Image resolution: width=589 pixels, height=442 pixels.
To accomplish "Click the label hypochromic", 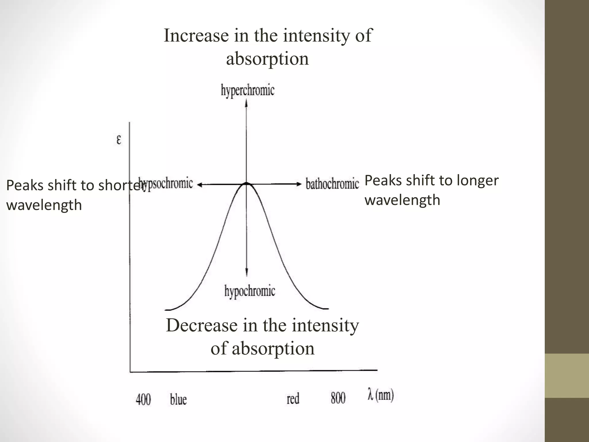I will click(x=250, y=291).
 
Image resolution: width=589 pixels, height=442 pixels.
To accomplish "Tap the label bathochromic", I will click(x=332, y=184).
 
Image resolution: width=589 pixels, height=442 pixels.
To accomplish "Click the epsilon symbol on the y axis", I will click(x=119, y=140).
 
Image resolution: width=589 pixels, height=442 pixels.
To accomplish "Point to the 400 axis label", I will click(x=143, y=399).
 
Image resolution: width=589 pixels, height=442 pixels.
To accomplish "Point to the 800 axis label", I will click(x=338, y=398).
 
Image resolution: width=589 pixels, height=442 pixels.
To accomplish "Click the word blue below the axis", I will click(x=178, y=399).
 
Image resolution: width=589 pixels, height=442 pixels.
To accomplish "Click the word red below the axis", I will click(x=293, y=399).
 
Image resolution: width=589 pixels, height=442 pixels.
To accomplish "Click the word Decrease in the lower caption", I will click(x=202, y=325).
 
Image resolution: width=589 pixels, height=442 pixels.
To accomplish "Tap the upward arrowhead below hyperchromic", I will click(x=246, y=103).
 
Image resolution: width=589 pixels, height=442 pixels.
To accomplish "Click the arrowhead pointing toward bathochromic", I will click(x=299, y=184).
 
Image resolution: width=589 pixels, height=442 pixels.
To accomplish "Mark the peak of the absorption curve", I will click(x=246, y=183).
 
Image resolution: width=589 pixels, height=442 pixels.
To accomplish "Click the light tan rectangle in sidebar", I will click(x=567, y=376).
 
